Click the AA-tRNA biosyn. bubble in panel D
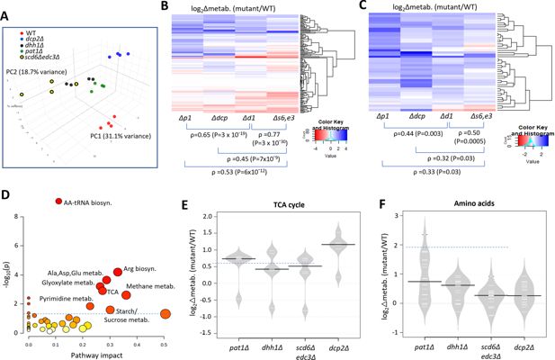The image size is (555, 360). click(59, 201)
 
